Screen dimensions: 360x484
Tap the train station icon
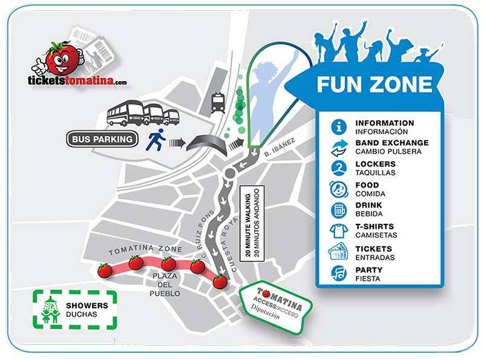(x=218, y=103)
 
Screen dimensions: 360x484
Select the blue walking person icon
(x=155, y=141)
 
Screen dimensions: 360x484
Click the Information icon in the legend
(x=339, y=127)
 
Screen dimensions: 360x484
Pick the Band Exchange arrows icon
(x=339, y=147)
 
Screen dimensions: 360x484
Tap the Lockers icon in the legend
(x=339, y=168)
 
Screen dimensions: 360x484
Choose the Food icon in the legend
(x=339, y=189)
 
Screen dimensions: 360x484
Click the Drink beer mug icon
(x=339, y=211)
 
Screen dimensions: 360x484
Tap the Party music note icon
(x=339, y=274)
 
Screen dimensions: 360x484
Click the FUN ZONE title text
(x=374, y=83)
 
